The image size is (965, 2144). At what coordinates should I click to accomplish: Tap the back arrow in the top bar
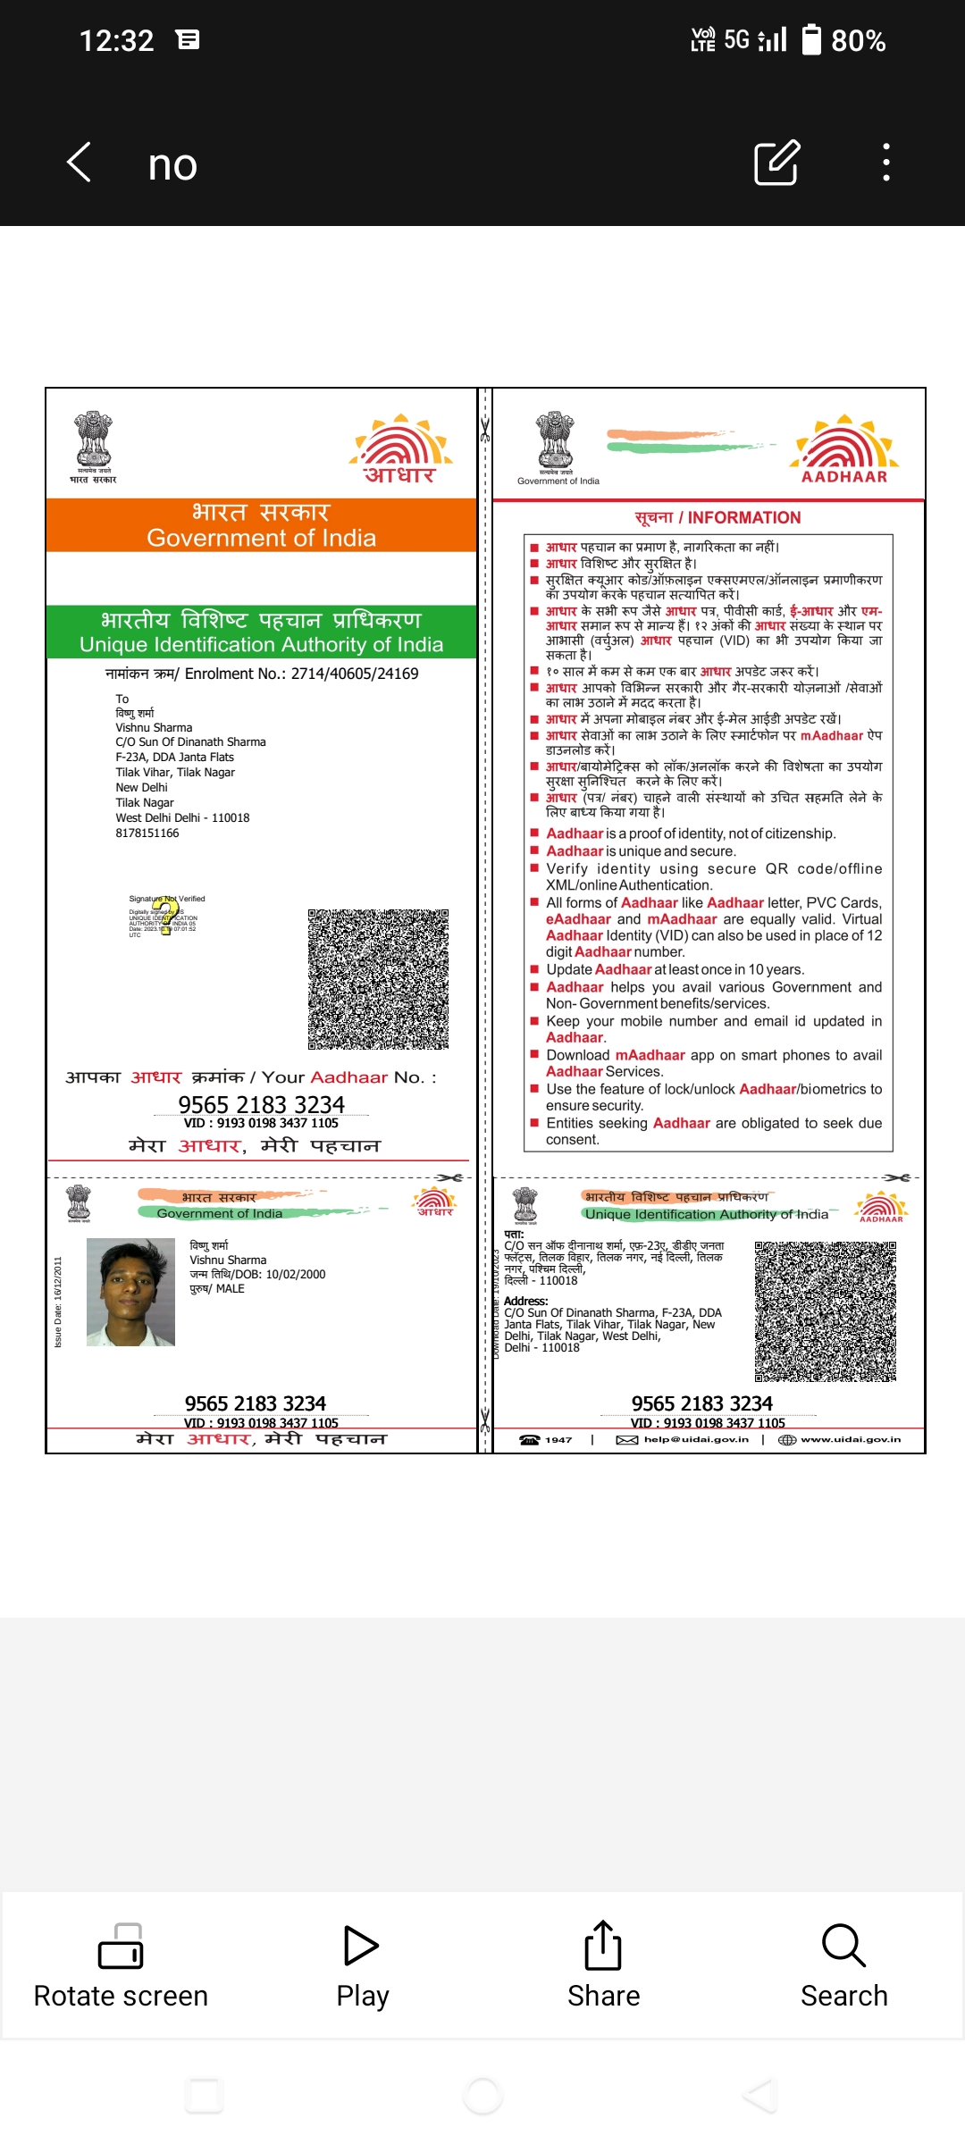tap(80, 163)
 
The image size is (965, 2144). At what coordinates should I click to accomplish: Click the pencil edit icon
tap(776, 163)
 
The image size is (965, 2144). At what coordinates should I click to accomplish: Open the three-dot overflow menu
tap(885, 163)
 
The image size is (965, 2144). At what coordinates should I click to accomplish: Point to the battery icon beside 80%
tap(811, 40)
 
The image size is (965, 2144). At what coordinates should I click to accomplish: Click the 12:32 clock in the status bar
tap(116, 40)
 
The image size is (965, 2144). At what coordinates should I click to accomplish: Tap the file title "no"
tap(172, 165)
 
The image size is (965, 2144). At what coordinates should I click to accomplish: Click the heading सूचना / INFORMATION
tap(717, 517)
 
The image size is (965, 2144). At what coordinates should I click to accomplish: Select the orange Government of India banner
tap(261, 525)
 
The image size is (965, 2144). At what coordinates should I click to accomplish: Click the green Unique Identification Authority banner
tap(261, 632)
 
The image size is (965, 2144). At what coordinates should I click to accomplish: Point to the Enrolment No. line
tap(262, 674)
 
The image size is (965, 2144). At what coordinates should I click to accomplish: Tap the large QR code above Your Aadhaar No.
tap(378, 979)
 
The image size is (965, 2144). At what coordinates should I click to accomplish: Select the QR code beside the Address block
tap(825, 1311)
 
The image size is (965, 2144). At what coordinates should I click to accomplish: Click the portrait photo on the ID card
tap(130, 1292)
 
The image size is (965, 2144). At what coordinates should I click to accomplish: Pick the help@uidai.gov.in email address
tap(695, 1439)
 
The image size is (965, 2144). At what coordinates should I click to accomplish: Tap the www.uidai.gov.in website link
tap(850, 1439)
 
